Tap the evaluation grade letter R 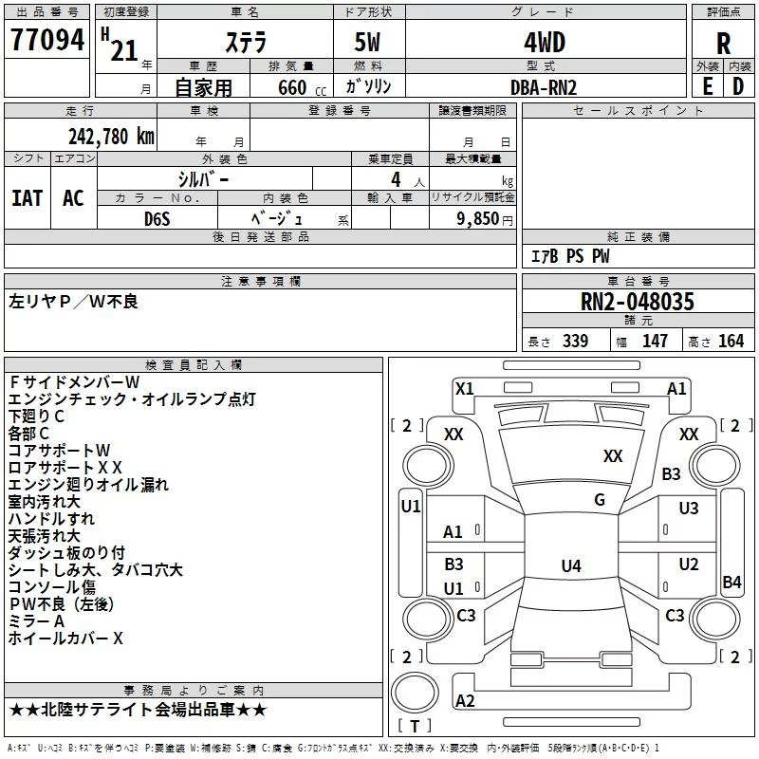(x=723, y=44)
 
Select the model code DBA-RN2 (x=544, y=87)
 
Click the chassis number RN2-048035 (x=638, y=303)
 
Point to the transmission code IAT (x=27, y=198)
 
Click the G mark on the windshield (x=600, y=500)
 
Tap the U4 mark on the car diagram (x=570, y=566)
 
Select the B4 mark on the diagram (x=731, y=583)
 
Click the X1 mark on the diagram (x=465, y=388)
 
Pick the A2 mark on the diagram (x=465, y=700)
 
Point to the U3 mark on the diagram (x=689, y=509)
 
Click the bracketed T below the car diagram (x=415, y=725)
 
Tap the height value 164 (x=731, y=342)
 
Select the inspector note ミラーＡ (x=36, y=620)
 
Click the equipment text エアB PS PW (x=569, y=256)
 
